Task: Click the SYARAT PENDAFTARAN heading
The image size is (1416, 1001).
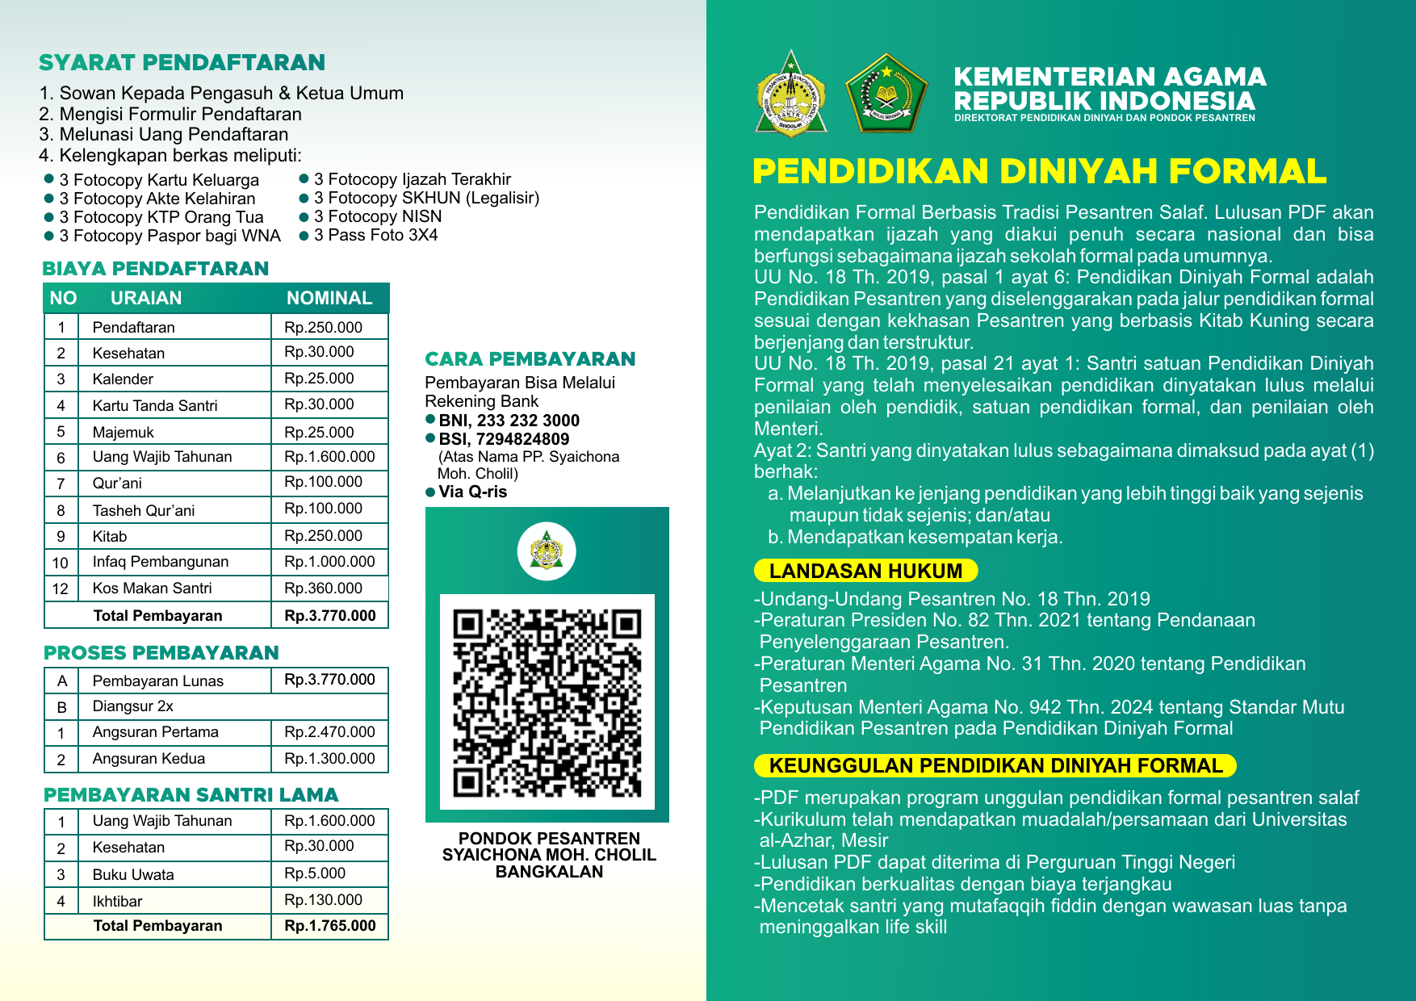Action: tap(182, 63)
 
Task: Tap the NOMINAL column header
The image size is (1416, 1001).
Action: tap(329, 298)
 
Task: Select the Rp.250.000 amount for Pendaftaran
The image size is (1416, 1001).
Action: tap(323, 327)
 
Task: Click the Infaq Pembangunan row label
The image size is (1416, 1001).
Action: tap(160, 562)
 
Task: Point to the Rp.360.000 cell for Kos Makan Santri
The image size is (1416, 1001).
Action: tap(323, 588)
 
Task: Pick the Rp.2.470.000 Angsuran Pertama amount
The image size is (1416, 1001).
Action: tap(329, 732)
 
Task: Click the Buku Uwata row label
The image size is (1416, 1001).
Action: tap(133, 874)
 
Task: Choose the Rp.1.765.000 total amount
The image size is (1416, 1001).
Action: tap(329, 926)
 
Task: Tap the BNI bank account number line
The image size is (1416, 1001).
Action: tap(509, 421)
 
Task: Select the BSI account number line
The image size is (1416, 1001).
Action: tap(504, 439)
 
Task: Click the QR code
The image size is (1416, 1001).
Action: tap(547, 702)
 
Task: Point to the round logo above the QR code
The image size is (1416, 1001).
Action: tap(547, 551)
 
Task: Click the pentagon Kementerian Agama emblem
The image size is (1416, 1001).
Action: tap(886, 92)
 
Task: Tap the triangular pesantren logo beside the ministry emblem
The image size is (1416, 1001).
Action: tap(791, 94)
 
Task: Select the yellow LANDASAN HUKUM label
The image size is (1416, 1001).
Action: tap(865, 571)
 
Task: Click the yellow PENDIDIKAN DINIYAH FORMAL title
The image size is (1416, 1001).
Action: tap(1039, 171)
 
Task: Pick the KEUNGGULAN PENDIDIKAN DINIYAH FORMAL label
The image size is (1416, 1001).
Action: tap(995, 765)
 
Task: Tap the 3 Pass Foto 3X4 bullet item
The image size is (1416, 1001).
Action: tap(375, 236)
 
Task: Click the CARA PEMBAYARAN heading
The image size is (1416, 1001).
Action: tap(530, 359)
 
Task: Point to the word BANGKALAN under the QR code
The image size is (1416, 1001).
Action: tap(549, 872)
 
